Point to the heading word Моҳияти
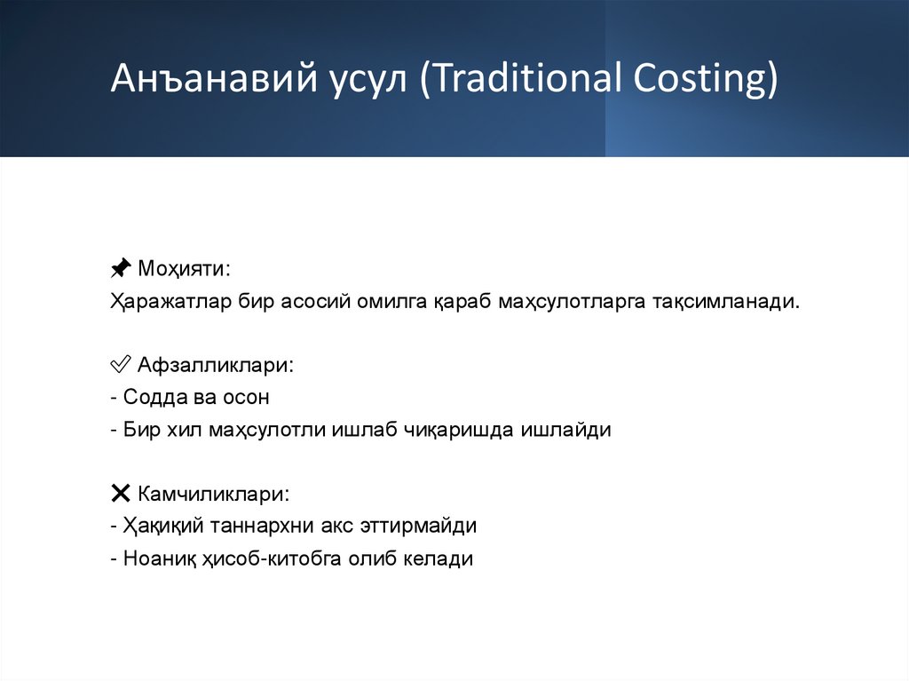click(185, 267)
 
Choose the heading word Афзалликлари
click(215, 364)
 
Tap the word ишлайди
click(568, 431)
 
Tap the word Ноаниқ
click(156, 559)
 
